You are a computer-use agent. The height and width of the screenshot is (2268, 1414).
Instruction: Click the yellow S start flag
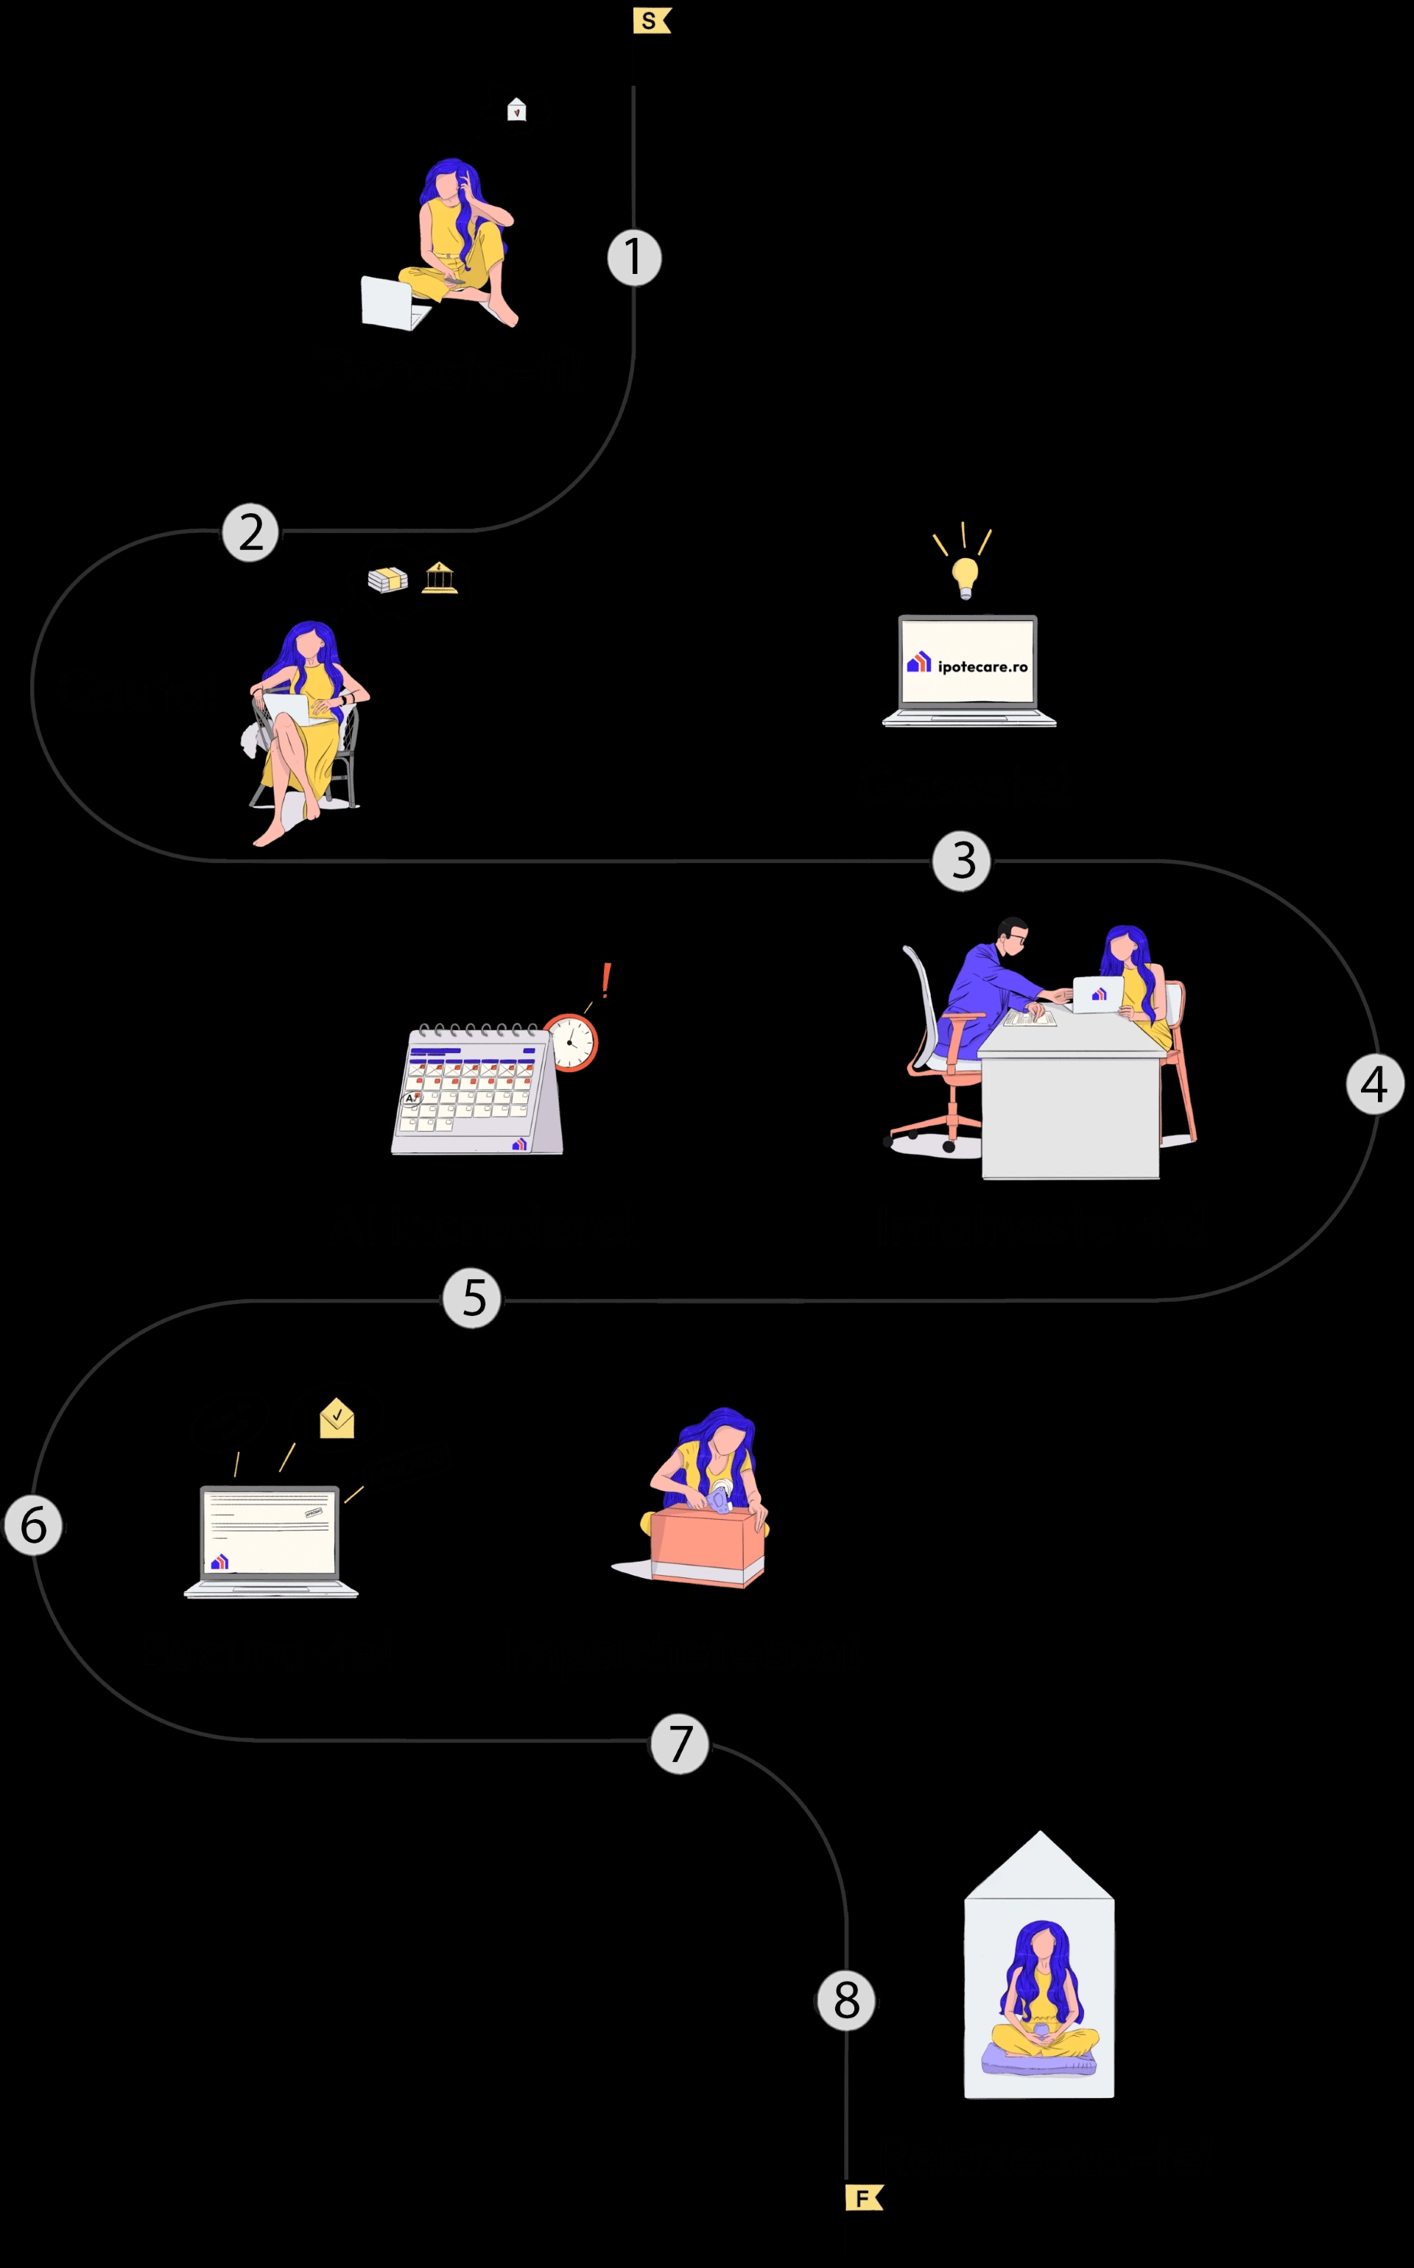click(651, 21)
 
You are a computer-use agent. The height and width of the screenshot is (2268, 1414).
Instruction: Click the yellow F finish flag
click(863, 2198)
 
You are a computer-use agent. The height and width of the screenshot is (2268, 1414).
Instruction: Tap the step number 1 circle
click(634, 258)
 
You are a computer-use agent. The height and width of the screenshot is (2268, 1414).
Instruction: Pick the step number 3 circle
click(961, 861)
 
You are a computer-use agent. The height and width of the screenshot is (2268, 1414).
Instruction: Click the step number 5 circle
click(472, 1298)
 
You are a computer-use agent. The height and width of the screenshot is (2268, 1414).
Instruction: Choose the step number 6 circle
click(34, 1525)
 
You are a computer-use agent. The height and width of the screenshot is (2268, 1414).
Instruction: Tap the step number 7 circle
click(680, 1744)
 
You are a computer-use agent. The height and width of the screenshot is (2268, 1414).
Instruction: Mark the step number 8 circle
click(846, 2001)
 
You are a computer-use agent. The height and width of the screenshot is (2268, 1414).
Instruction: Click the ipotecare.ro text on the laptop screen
click(982, 666)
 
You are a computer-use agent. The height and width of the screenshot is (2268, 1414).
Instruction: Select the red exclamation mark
click(606, 980)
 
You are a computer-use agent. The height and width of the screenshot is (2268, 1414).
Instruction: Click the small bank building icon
click(440, 578)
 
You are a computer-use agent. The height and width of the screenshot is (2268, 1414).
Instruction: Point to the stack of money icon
click(387, 580)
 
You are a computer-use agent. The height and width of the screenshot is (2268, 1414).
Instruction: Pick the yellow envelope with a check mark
click(337, 1419)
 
